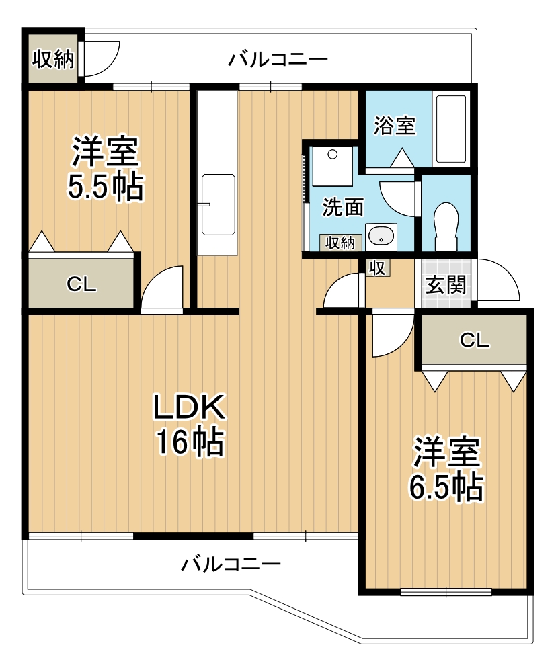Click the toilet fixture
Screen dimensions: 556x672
click(446, 226)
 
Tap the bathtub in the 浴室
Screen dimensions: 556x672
click(450, 128)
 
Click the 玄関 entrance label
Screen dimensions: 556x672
click(445, 284)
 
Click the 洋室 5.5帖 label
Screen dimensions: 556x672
click(106, 168)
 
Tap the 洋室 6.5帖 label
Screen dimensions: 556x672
click(446, 469)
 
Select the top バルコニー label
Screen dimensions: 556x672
click(278, 58)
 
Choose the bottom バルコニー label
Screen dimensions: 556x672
click(231, 563)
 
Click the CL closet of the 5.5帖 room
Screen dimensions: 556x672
click(81, 283)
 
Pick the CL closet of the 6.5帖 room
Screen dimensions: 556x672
click(474, 340)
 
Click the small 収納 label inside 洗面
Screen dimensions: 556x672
click(340, 243)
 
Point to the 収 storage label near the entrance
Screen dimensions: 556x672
click(377, 268)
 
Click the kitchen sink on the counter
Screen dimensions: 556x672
click(219, 204)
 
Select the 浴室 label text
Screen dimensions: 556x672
click(395, 126)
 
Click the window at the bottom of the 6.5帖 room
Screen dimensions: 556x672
click(446, 592)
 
